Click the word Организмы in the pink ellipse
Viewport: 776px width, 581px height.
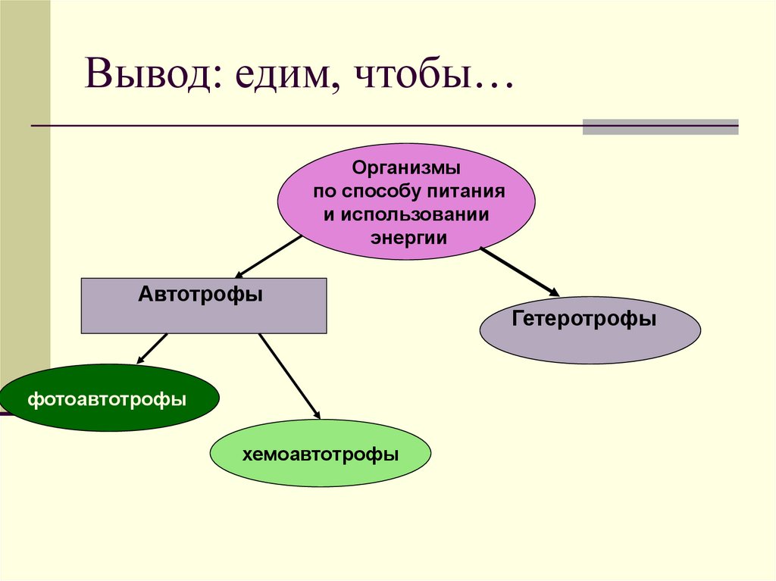pyautogui.click(x=407, y=166)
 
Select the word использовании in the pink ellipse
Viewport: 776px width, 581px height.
pyautogui.click(x=415, y=214)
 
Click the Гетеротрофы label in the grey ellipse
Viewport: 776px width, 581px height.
pyautogui.click(x=584, y=319)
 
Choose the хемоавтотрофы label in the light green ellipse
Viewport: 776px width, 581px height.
pyautogui.click(x=321, y=454)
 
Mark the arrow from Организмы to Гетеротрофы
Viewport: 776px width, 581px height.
pyautogui.click(x=519, y=270)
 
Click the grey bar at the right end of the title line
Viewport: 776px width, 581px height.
pyautogui.click(x=660, y=127)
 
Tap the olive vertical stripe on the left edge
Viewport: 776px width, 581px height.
pyautogui.click(x=25, y=189)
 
